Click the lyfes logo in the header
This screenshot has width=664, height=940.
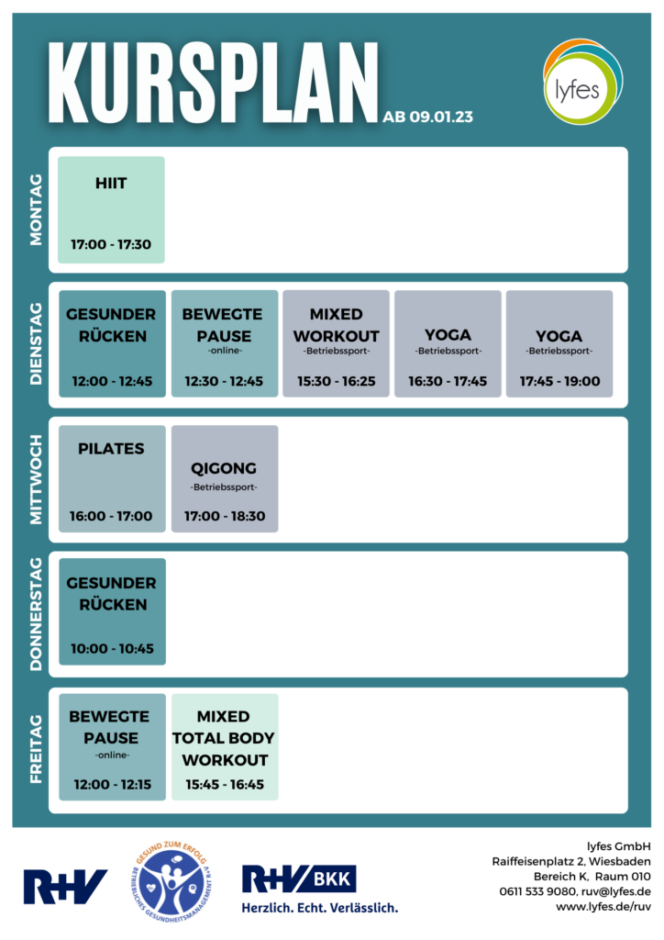click(x=582, y=82)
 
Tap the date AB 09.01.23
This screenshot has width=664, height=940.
click(x=427, y=117)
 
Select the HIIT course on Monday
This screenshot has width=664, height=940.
click(x=111, y=210)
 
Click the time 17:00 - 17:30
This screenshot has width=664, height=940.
click(x=111, y=244)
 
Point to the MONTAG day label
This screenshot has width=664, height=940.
click(x=36, y=210)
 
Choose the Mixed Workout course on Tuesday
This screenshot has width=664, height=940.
click(x=336, y=343)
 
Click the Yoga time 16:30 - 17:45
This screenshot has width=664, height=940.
click(x=448, y=381)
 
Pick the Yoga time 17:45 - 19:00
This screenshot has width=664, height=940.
click(x=559, y=381)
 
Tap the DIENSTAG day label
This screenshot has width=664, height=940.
click(x=36, y=344)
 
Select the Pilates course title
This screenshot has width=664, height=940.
click(x=111, y=448)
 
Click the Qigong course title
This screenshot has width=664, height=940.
click(x=224, y=469)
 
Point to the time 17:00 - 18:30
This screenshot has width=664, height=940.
click(x=225, y=516)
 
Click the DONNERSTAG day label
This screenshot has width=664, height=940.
click(x=36, y=614)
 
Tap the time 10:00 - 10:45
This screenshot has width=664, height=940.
click(x=113, y=649)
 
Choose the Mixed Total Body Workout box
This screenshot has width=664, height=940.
click(x=225, y=747)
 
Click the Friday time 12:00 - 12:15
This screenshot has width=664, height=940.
click(x=113, y=785)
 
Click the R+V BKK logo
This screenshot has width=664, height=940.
click(x=320, y=889)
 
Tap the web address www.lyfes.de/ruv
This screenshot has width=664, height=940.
click(x=603, y=907)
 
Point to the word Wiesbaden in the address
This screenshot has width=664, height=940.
click(x=620, y=861)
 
